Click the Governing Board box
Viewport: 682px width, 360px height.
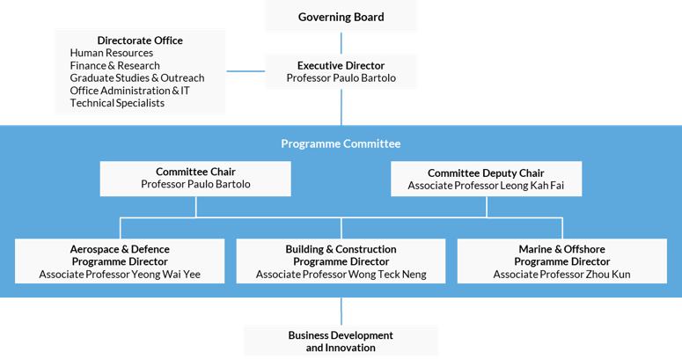(x=341, y=16)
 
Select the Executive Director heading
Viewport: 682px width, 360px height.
(x=341, y=66)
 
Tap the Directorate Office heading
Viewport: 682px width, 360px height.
(x=140, y=40)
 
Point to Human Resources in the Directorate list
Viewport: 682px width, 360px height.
(x=112, y=53)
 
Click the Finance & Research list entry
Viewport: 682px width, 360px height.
(x=114, y=66)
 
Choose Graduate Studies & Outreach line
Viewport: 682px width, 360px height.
(x=137, y=78)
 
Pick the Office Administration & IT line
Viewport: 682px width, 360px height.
(x=129, y=91)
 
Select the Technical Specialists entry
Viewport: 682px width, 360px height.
(x=117, y=103)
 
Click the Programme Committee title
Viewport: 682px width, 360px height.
(x=341, y=143)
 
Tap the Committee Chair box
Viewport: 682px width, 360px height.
(x=195, y=179)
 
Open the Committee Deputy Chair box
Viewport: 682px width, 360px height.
(x=487, y=179)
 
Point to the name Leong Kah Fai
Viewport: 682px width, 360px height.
(x=532, y=186)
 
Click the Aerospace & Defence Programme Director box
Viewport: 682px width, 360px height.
(x=120, y=261)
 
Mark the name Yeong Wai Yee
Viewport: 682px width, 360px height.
(x=165, y=275)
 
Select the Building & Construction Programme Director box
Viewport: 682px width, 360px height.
(x=341, y=261)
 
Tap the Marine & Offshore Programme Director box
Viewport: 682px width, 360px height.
(x=562, y=261)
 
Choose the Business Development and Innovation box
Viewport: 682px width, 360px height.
(x=341, y=342)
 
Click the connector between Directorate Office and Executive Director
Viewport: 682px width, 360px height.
(x=246, y=71)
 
